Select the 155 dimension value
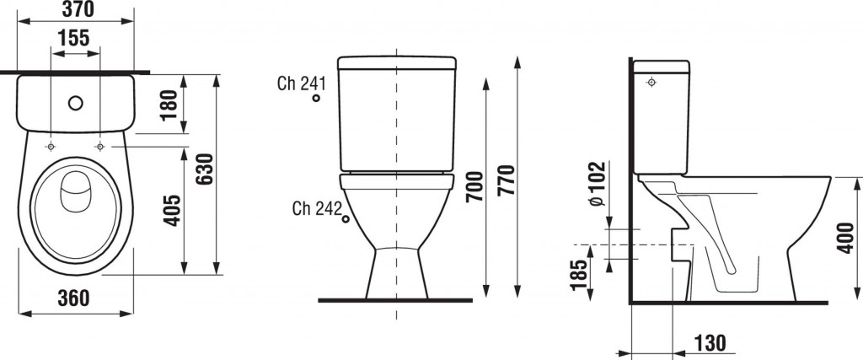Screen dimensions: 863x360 74,38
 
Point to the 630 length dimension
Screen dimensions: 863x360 204,169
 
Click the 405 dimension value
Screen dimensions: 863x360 172,210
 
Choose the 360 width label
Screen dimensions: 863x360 73,298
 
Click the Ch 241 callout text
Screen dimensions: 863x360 302,83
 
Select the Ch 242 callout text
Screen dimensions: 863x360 318,208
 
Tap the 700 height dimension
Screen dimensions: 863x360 474,186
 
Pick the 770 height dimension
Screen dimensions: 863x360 506,180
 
